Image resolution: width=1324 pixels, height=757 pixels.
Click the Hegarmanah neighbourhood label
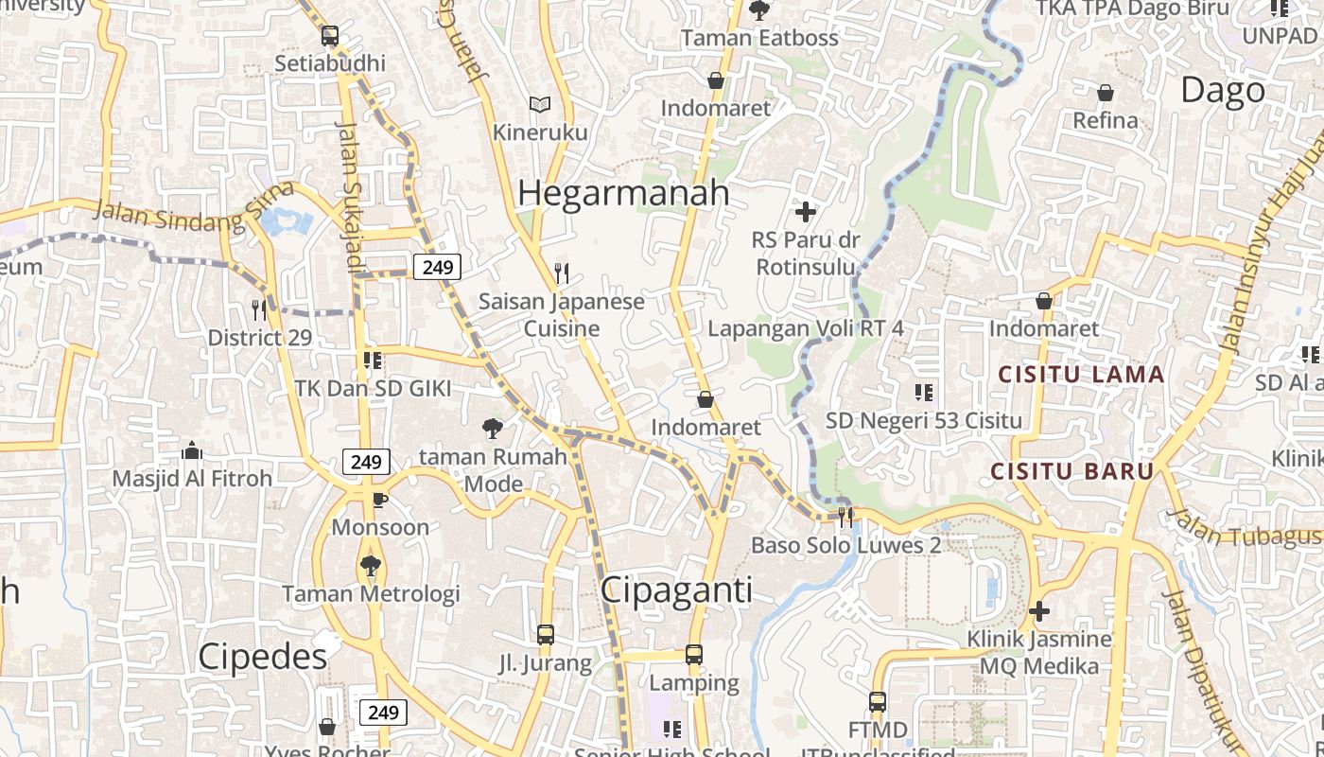point(623,192)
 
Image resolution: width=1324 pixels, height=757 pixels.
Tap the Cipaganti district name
point(677,590)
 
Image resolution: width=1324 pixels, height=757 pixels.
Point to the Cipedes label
point(263,657)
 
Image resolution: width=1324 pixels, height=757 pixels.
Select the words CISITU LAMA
point(1082,375)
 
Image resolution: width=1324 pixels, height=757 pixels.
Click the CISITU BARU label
point(1072,471)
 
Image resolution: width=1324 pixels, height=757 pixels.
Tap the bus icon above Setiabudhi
point(329,36)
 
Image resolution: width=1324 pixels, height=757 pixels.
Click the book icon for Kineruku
point(540,104)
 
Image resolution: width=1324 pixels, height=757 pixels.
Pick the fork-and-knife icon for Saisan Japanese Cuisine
point(562,273)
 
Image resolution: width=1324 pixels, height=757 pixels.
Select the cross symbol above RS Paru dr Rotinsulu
point(806,211)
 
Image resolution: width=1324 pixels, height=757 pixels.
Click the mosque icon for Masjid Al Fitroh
point(192,450)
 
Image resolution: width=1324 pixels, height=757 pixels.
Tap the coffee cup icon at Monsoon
point(380,499)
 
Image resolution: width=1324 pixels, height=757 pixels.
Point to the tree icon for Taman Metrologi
point(370,566)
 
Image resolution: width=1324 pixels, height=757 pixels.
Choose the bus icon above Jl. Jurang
point(545,635)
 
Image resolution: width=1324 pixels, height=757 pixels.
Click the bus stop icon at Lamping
point(694,655)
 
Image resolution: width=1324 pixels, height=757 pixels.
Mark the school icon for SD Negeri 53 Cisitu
point(924,392)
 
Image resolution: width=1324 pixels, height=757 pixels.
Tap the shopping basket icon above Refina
point(1105,93)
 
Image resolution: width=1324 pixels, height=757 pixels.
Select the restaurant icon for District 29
point(259,309)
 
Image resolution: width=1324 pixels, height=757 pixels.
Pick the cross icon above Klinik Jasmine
point(1038,611)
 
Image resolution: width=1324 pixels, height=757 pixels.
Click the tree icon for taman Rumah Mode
point(492,429)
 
